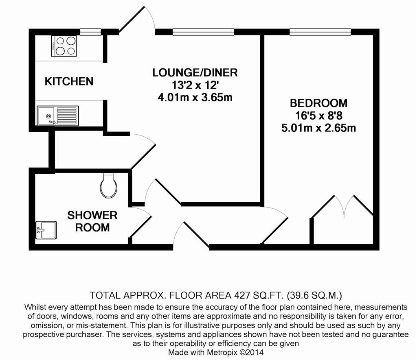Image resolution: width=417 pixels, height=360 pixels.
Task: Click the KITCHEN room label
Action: tap(69, 81)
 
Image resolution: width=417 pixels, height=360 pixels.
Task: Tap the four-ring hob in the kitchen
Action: tap(64, 46)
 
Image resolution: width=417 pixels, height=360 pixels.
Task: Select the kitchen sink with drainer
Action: tap(57, 116)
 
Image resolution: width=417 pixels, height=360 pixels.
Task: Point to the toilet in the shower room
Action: tap(108, 185)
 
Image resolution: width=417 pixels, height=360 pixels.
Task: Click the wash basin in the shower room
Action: tap(45, 230)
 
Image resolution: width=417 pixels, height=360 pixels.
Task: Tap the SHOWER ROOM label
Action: tap(92, 221)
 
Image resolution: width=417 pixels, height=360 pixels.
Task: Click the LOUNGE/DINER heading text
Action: tap(195, 73)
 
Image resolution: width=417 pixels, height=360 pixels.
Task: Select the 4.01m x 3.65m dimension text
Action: tap(195, 98)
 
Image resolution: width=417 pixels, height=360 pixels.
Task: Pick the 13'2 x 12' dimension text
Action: tap(195, 85)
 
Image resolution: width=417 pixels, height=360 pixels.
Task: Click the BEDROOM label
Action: tap(319, 103)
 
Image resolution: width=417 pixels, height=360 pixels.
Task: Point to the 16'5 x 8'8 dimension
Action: tap(319, 116)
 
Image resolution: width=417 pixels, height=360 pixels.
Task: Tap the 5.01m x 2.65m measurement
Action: tap(319, 128)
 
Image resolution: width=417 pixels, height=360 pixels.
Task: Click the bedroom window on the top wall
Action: tap(320, 31)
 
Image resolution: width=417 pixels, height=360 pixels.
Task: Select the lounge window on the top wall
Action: tap(203, 31)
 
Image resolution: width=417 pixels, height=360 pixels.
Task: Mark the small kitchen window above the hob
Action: tap(90, 31)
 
